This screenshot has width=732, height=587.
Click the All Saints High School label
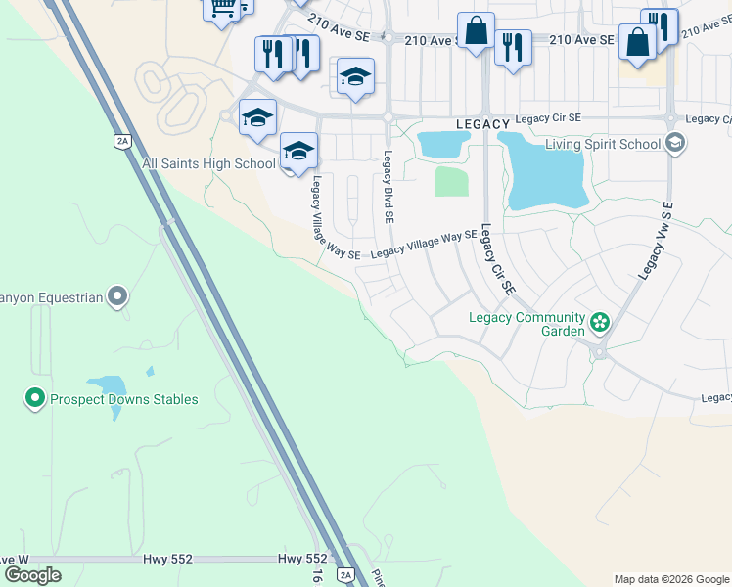(208, 163)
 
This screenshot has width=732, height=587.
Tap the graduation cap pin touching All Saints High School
(298, 153)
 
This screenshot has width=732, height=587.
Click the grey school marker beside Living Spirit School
(674, 144)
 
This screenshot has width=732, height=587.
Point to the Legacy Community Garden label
(526, 317)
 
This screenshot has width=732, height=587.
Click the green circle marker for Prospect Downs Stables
(35, 398)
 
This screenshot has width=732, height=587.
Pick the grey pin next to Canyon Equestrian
(117, 295)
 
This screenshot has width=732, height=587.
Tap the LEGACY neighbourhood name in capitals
(482, 124)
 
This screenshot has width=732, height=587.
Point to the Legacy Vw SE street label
(657, 241)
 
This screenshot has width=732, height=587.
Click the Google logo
(32, 575)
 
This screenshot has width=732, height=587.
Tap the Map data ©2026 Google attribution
(670, 579)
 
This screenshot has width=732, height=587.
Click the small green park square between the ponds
(450, 181)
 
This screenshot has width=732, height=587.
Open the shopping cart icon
(222, 8)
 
